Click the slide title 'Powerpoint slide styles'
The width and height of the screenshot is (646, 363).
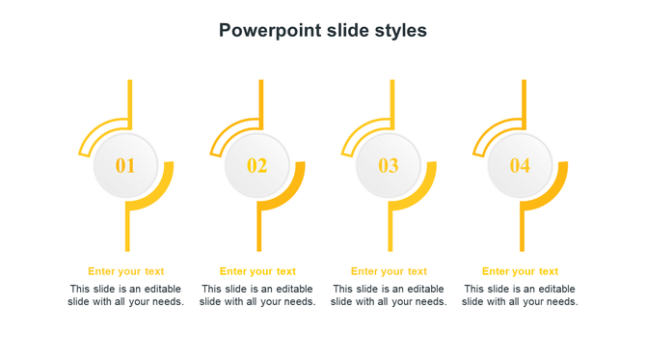[x=322, y=30]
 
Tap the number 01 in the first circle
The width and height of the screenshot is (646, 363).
[x=125, y=166]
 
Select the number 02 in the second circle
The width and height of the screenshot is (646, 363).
[x=256, y=166]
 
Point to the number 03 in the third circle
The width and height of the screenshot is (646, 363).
[x=388, y=166]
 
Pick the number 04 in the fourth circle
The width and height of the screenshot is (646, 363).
[x=520, y=166]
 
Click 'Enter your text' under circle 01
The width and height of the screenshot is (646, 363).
[x=126, y=271]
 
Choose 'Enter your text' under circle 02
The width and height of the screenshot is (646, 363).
[x=257, y=271]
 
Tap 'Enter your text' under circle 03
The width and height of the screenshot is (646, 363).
[x=389, y=271]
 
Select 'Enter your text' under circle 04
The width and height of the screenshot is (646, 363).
[x=520, y=271]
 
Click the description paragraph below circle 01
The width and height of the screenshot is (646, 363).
[x=126, y=295]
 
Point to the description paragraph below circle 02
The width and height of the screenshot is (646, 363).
[x=257, y=295]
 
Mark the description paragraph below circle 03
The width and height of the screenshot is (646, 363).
[x=389, y=295]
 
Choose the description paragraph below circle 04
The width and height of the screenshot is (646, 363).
[x=520, y=295]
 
